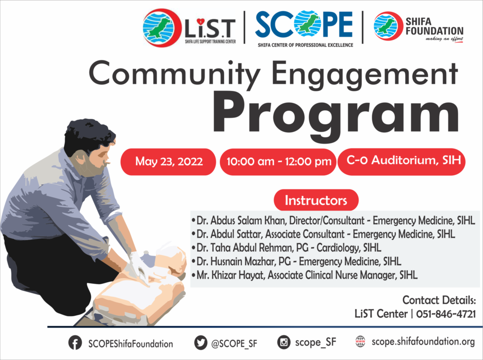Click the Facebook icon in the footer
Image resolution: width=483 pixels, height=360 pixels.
pyautogui.click(x=75, y=343)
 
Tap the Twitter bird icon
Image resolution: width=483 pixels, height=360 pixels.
pyautogui.click(x=201, y=343)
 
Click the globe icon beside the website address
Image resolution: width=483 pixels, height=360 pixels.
pyautogui.click(x=360, y=342)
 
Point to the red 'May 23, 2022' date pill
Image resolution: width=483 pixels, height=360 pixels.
pyautogui.click(x=168, y=162)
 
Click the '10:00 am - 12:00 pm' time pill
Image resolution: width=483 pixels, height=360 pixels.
pyautogui.click(x=278, y=162)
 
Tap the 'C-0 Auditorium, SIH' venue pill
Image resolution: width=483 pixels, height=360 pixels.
pyautogui.click(x=402, y=162)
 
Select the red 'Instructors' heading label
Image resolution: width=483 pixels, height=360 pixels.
pyautogui.click(x=316, y=200)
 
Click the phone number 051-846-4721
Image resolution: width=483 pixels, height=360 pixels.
pyautogui.click(x=446, y=314)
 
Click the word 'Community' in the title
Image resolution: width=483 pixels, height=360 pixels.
pyautogui.click(x=175, y=74)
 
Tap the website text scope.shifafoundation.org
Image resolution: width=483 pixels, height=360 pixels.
pyautogui.click(x=423, y=342)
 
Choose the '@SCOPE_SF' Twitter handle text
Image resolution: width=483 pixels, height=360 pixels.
pyautogui.click(x=234, y=343)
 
